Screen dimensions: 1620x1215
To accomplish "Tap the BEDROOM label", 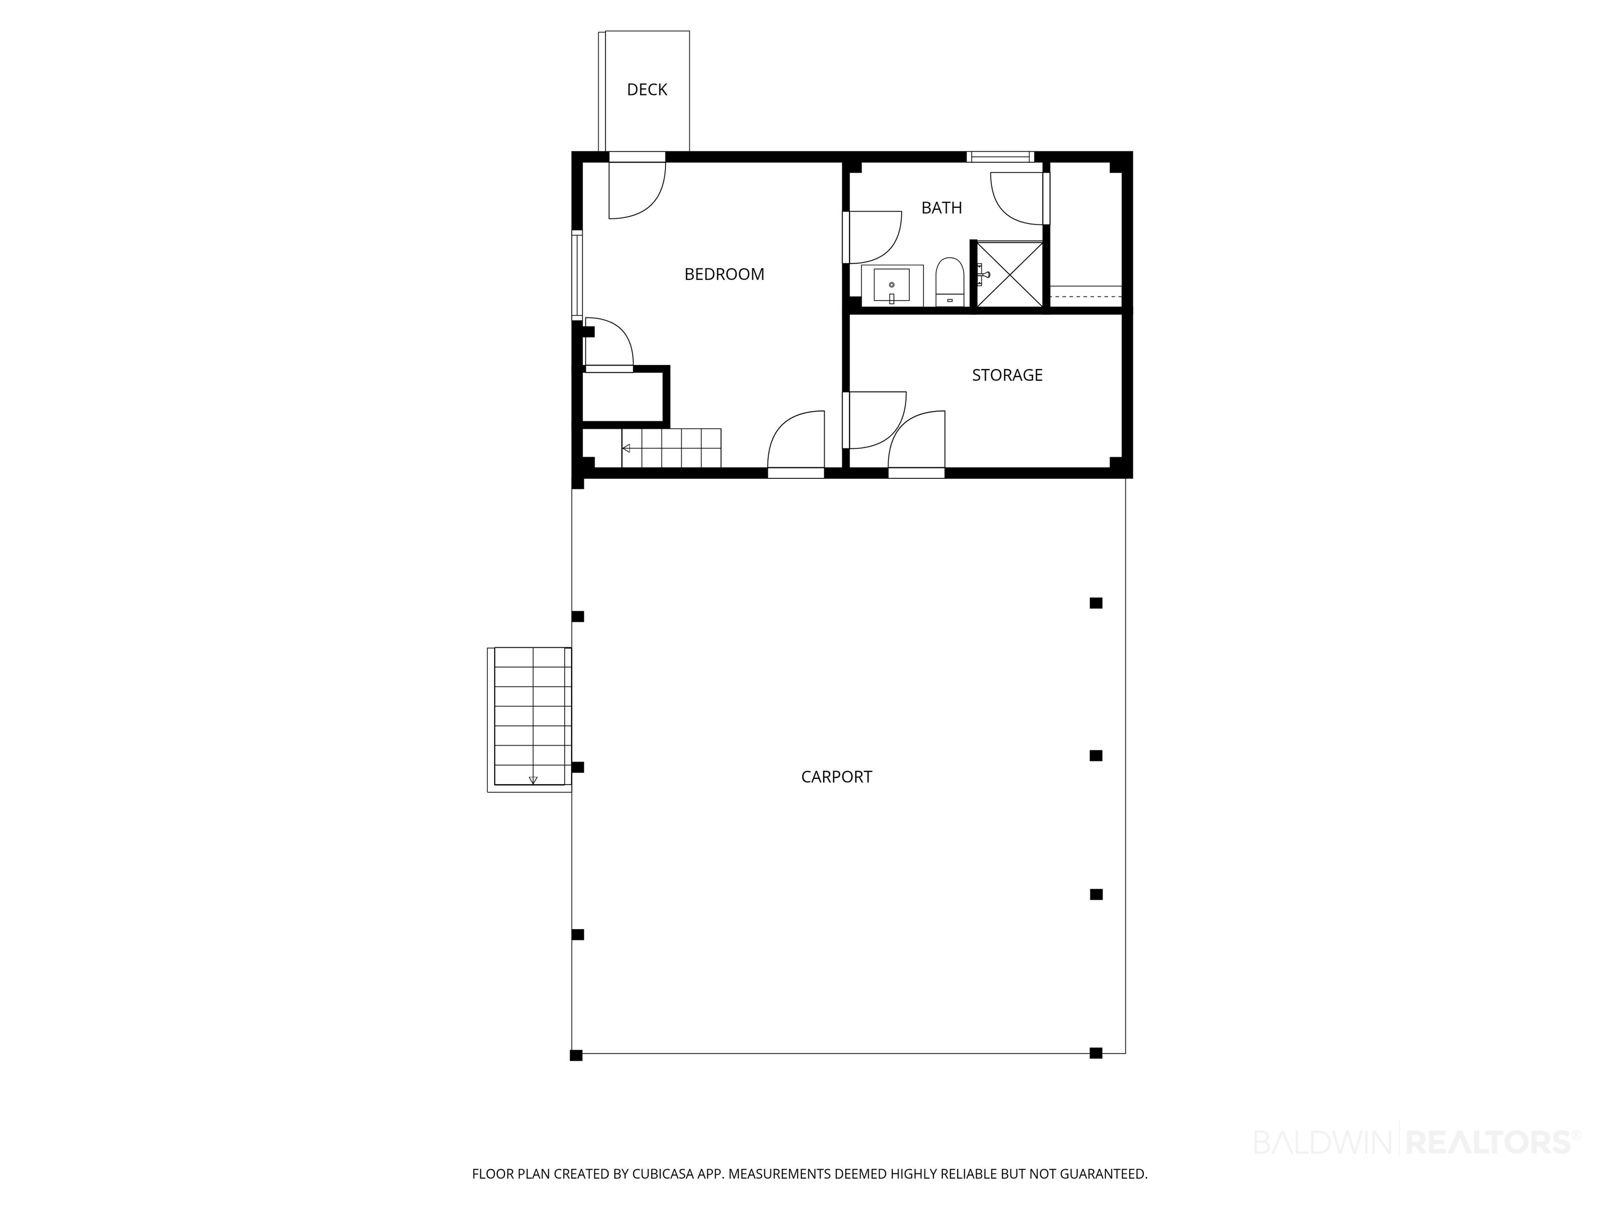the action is (725, 274).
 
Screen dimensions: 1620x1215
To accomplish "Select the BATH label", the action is (941, 208).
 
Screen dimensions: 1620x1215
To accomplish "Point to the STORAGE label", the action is (1007, 375).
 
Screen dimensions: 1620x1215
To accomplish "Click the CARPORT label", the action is (836, 777).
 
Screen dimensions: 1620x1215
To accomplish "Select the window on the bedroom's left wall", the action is (577, 275).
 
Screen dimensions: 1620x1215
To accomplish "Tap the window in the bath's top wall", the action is (1000, 156).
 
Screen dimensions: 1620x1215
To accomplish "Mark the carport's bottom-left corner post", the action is (576, 1055).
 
